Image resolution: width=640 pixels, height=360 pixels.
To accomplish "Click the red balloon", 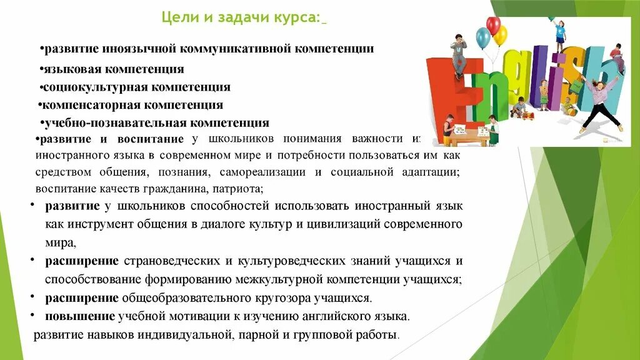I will (x=494, y=26).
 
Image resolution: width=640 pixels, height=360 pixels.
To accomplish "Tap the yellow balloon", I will (x=501, y=35).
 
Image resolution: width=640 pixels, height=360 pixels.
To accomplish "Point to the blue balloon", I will (x=483, y=38).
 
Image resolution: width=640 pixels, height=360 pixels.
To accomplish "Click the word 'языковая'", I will (x=68, y=69).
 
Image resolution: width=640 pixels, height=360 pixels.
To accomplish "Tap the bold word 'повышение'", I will (x=80, y=316).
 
